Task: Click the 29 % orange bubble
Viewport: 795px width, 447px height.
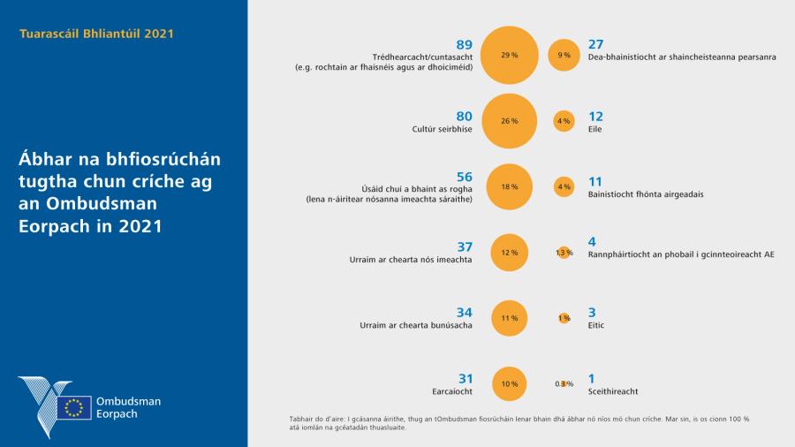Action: pos(510,55)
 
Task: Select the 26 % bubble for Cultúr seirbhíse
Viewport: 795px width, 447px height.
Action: pos(510,121)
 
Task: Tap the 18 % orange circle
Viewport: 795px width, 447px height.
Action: pos(510,186)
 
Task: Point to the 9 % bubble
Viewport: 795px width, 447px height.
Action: pos(564,55)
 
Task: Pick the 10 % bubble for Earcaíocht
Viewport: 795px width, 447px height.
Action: pos(510,383)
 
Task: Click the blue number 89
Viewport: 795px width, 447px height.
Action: pos(464,44)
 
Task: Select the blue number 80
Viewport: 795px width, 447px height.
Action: pos(464,116)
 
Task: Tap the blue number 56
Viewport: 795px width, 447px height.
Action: pos(464,177)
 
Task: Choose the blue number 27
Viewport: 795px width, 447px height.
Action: pos(595,44)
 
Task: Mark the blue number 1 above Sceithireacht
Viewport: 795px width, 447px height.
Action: pos(591,378)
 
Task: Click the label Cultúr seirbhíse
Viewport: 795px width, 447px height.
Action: pos(443,129)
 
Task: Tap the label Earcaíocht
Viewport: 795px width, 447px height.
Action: pos(450,391)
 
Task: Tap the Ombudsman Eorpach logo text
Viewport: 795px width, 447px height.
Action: pos(128,407)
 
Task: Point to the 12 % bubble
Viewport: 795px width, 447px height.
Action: pos(510,253)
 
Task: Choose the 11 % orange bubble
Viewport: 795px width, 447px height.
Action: pos(510,318)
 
